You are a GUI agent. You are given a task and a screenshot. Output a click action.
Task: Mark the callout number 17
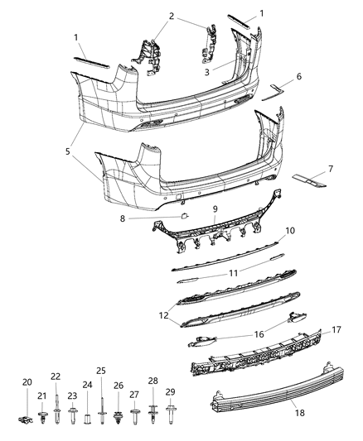pyautogui.click(x=314, y=329)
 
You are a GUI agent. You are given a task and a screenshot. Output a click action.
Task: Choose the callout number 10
pyautogui.click(x=290, y=231)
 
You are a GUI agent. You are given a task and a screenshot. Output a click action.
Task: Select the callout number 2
pyautogui.click(x=172, y=16)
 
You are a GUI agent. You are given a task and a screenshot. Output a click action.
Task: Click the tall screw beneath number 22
pyautogui.click(x=56, y=405)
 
